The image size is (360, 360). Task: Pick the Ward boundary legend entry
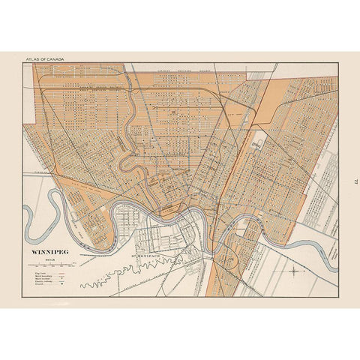40,276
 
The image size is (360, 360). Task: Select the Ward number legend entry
40,280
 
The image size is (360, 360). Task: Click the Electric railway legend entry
41,285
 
